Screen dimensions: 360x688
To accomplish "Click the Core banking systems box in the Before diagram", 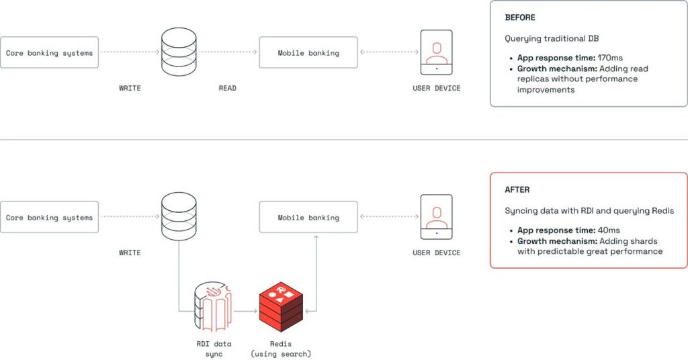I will [50, 52].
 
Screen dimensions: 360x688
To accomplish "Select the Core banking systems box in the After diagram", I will [50, 218].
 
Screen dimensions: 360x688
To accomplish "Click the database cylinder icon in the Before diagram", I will [179, 52].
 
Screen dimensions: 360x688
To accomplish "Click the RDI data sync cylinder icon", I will [212, 307].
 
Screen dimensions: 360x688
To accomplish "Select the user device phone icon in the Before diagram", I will [437, 52].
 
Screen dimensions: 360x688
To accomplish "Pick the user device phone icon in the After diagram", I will [437, 217].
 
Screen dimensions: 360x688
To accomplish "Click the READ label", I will [227, 89].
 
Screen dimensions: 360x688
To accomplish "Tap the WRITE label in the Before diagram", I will [130, 89].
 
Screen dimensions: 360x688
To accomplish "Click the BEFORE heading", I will [520, 18].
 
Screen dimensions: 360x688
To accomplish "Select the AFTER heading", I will [517, 190].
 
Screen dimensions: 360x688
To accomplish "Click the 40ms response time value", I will [609, 230].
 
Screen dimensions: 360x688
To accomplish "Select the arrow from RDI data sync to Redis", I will [245, 311].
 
